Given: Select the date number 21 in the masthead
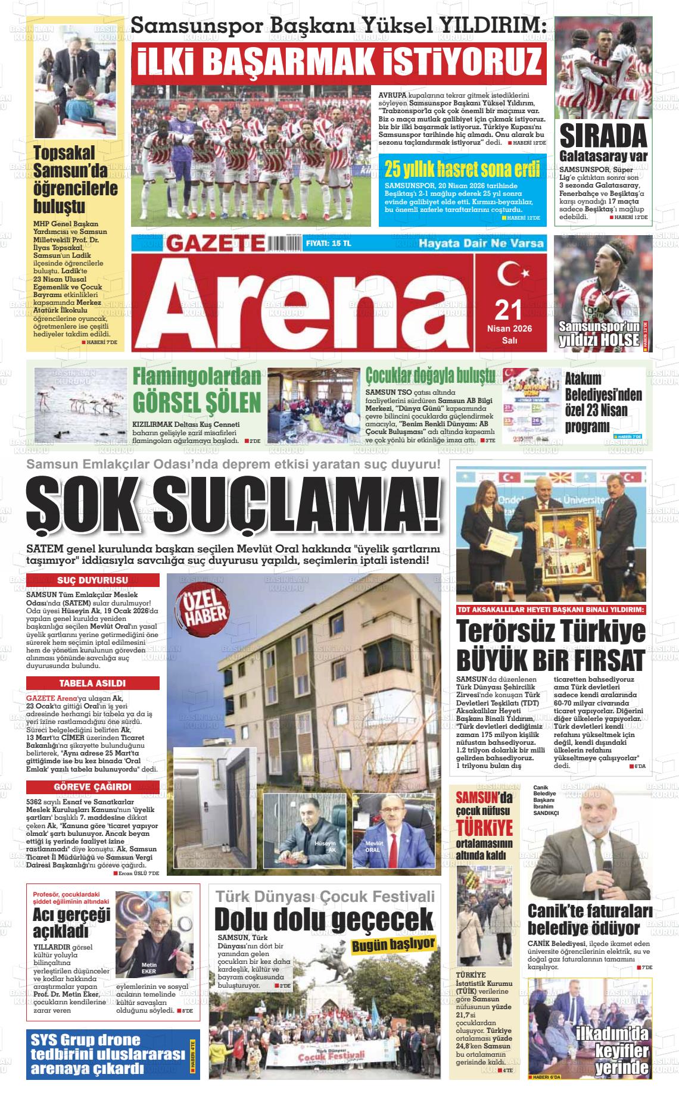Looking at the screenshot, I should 509,310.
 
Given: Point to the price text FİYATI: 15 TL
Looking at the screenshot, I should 328,244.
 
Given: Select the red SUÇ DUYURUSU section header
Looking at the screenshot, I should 92,580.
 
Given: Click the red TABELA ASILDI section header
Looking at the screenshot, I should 92,683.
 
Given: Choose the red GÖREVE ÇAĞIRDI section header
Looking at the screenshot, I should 92,786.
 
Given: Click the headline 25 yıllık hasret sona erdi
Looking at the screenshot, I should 462,169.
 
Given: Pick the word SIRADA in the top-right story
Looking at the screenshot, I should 603,137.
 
